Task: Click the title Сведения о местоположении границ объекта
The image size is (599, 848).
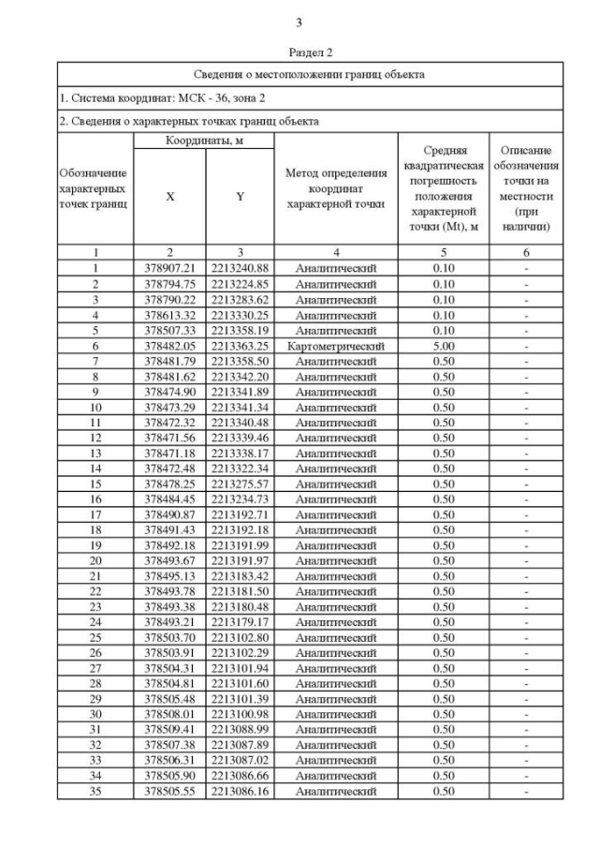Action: tap(310, 73)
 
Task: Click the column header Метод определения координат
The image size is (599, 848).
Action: tap(335, 188)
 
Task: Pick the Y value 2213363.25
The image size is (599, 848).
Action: tap(240, 346)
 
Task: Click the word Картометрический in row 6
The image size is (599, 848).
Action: tap(335, 346)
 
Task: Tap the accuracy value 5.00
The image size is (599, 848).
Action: tap(444, 346)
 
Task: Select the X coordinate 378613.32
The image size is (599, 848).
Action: tap(169, 315)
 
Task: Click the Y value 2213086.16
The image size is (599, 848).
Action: tap(240, 791)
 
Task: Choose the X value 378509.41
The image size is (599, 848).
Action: tap(169, 729)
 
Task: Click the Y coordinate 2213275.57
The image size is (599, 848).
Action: tap(240, 484)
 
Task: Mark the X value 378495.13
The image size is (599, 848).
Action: tap(169, 575)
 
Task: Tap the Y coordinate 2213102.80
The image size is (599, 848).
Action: tap(240, 637)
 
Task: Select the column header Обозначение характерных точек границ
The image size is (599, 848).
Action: tap(95, 188)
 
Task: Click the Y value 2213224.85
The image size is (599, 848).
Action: tap(240, 284)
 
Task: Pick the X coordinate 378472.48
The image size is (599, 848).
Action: tap(169, 469)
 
